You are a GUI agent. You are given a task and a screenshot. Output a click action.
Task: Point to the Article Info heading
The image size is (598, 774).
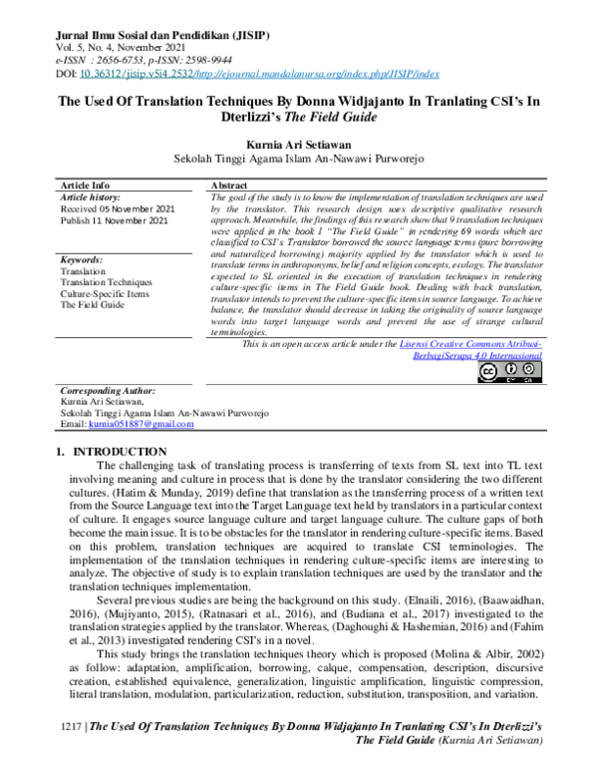pos(86,187)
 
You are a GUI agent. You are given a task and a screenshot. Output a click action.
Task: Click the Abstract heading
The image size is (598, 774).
pos(229,187)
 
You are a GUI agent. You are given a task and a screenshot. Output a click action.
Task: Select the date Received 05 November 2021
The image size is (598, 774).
pos(117,208)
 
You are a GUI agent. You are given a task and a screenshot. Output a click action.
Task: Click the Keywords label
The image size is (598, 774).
pos(83,259)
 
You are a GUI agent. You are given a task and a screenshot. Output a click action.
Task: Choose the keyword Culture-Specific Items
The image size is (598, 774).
pos(105,293)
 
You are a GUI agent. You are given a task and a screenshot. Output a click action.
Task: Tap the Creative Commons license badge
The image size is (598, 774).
pos(511,371)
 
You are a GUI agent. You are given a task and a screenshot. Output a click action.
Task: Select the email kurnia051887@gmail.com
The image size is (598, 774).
pos(141,424)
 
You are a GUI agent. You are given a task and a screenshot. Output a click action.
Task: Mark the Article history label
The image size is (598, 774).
pos(90,197)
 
